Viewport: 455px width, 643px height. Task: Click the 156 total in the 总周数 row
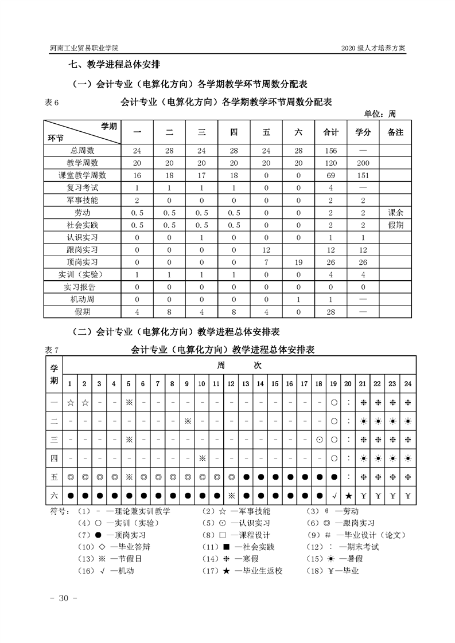tap(330, 150)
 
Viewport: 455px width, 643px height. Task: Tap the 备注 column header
tap(395, 132)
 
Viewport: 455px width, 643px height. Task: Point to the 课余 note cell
tap(395, 213)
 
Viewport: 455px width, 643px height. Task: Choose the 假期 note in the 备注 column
tap(395, 225)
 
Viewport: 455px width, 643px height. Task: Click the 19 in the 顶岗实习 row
tap(298, 262)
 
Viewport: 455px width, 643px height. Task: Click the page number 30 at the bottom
tap(60, 598)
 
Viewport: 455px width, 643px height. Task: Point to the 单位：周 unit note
tap(380, 113)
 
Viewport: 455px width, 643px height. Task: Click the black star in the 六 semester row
tap(349, 495)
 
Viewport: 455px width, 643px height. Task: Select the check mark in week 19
tap(334, 495)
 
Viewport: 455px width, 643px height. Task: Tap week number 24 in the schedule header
tap(407, 383)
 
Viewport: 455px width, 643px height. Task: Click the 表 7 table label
tap(52, 349)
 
